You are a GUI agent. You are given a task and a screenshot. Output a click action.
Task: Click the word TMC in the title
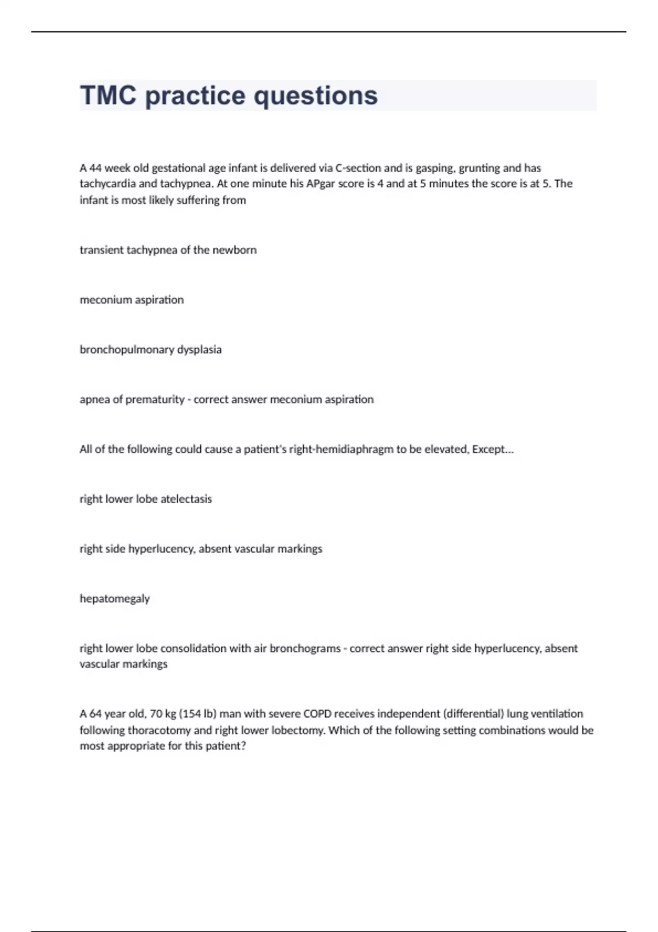[108, 95]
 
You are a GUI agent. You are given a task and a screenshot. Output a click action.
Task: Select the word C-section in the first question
[358, 168]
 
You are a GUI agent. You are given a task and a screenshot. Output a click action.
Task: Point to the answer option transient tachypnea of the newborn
[168, 250]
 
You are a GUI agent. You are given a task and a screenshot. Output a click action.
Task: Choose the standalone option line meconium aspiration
[132, 300]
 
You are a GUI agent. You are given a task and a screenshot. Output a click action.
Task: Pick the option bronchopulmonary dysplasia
[151, 350]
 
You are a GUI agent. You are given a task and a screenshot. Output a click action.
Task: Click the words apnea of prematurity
[132, 400]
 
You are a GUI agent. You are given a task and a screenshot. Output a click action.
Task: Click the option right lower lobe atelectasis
[146, 499]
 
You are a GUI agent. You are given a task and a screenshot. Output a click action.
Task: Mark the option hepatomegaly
[115, 599]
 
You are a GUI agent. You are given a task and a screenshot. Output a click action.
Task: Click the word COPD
[317, 714]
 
